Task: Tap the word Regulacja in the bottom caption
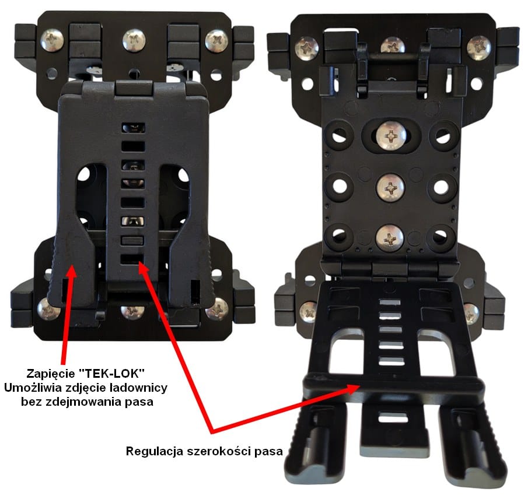pos(155,451)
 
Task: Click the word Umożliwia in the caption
pos(33,388)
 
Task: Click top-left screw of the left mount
pos(52,40)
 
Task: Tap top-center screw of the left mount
pos(134,40)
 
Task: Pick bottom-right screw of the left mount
pos(216,309)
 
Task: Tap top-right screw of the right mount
pos(478,48)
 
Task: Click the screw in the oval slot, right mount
pos(391,136)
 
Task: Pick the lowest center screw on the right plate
pos(390,238)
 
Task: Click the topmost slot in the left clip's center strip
pos(134,128)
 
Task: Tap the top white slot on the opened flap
pos(390,302)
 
